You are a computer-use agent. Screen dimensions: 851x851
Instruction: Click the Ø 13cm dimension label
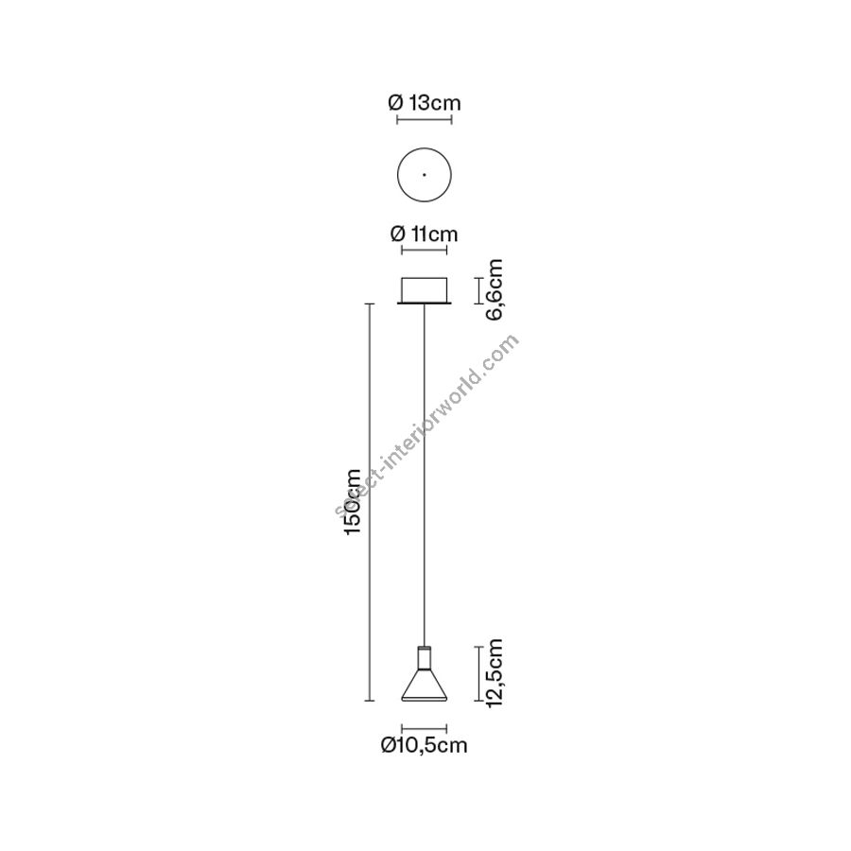425,102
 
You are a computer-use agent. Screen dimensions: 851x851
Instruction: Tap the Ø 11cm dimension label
424,234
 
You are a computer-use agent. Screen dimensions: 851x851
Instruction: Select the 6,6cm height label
495,290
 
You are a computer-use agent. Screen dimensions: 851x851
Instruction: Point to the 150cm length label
353,501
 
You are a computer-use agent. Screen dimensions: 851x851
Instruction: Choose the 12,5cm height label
495,673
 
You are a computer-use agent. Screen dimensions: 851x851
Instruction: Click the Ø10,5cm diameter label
424,745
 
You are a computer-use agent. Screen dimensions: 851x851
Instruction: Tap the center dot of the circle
424,175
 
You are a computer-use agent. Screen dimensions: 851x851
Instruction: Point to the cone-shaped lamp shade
424,684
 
